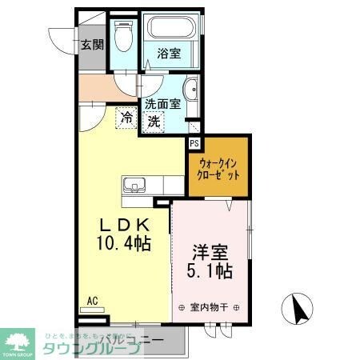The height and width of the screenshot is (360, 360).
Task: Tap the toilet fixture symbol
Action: pos(123,38)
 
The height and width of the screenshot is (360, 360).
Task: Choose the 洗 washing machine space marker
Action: pos(154,122)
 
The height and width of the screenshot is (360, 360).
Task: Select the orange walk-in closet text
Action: pos(219,168)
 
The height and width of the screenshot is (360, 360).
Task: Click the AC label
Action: pos(92,301)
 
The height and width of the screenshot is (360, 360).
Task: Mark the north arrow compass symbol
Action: pos(297,309)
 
